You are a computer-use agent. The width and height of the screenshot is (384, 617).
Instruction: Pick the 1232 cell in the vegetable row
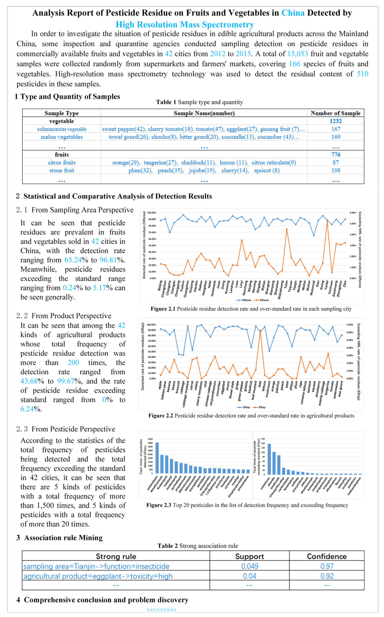pyautogui.click(x=336, y=121)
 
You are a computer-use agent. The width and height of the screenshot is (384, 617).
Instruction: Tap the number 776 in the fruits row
pyautogui.click(x=336, y=155)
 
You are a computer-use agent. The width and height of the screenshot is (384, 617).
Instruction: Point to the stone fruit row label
pyautogui.click(x=62, y=170)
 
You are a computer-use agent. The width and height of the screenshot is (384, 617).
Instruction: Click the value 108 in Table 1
pyautogui.click(x=336, y=170)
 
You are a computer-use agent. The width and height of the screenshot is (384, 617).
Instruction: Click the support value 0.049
pyautogui.click(x=249, y=566)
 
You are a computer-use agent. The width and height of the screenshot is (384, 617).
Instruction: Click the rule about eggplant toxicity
pyautogui.click(x=98, y=576)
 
